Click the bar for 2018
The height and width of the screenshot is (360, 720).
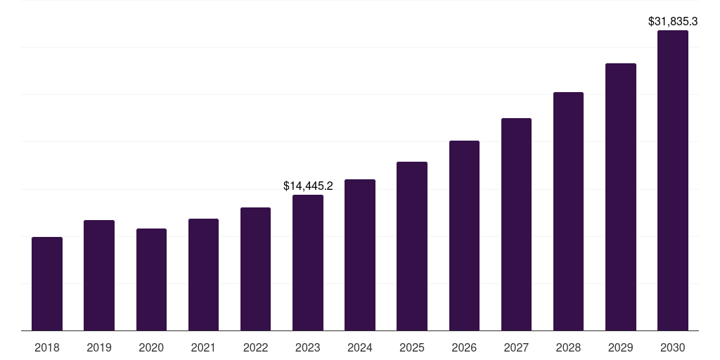pos(47,284)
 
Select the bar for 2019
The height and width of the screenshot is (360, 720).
pos(99,276)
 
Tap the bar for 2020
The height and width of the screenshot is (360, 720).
pos(151,280)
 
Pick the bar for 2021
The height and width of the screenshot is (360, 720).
pos(203,275)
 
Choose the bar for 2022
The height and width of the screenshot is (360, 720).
pos(255,269)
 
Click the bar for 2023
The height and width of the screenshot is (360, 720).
pos(308,263)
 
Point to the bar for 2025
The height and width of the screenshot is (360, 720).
pos(412,246)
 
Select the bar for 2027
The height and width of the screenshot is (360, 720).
pos(516,224)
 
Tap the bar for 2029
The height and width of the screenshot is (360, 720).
pos(620,197)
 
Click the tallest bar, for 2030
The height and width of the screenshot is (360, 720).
pos(673,181)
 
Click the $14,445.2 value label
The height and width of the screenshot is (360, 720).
pos(308,186)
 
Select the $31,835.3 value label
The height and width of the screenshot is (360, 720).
pos(673,22)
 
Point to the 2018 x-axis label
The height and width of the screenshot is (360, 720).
pos(47,347)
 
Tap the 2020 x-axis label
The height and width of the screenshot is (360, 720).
pos(151,347)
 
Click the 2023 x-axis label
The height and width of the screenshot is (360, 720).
pos(308,347)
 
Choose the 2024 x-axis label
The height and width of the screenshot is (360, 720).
pos(360,347)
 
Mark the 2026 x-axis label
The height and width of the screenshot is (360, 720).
pos(464,347)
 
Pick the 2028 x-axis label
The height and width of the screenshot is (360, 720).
pos(568,347)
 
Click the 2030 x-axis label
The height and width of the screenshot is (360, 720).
pos(673,347)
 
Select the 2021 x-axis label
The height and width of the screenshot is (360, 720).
pos(203,347)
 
